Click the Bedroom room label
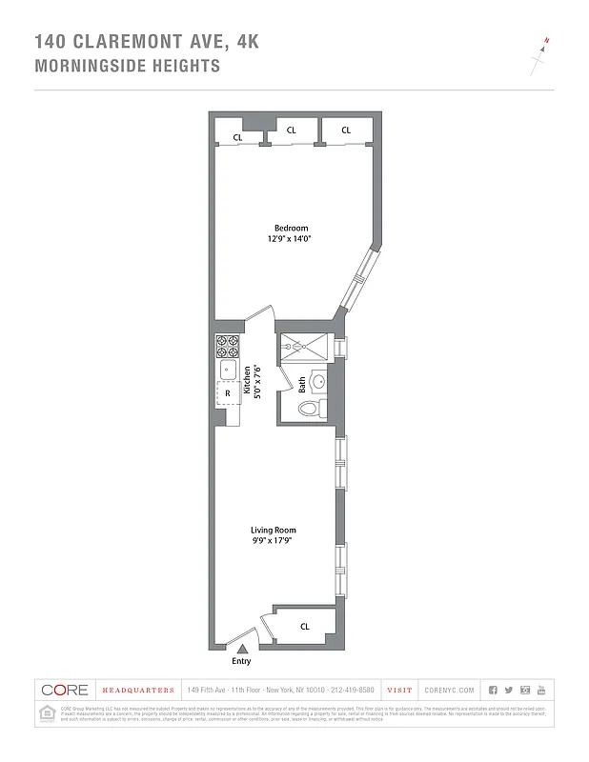tap(291, 228)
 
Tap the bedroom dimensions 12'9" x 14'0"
tap(291, 239)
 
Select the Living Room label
tap(274, 530)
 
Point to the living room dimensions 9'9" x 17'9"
tap(274, 541)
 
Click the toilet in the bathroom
tap(310, 409)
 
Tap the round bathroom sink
tap(318, 382)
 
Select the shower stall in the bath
tap(303, 347)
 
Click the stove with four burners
tap(227, 345)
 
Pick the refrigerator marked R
tap(228, 392)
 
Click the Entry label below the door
tap(241, 661)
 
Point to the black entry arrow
tap(241, 648)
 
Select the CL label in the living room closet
tap(305, 626)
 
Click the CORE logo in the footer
tap(66, 690)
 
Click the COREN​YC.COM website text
tap(446, 690)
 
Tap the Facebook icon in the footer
tap(493, 690)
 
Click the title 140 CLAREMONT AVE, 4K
tap(146, 42)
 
